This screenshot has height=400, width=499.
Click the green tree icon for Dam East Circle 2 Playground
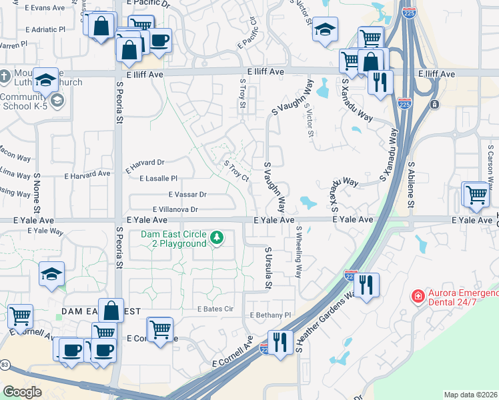pos(216,237)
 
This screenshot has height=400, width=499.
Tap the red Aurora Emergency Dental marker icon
pos(418,295)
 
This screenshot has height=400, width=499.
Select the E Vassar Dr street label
pos(187,194)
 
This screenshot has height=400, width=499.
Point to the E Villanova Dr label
pos(175,209)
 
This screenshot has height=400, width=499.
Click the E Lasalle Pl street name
pos(158,178)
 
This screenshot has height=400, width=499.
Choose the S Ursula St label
pos(268,269)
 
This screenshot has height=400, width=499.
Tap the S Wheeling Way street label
pos(298,253)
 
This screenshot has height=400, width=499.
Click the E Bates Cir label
pos(215,309)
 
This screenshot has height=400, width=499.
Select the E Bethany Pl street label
pos(270,315)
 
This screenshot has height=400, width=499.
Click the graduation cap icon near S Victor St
pos(325,29)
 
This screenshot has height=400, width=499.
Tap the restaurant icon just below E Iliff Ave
pos(380,82)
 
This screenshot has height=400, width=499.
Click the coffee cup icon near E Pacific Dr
pos(159,41)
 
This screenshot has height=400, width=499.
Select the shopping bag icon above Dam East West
pos(111,311)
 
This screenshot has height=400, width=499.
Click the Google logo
pos(22,392)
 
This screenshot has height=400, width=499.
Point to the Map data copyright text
pos(470,395)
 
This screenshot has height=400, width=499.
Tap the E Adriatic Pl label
pos(45,29)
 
